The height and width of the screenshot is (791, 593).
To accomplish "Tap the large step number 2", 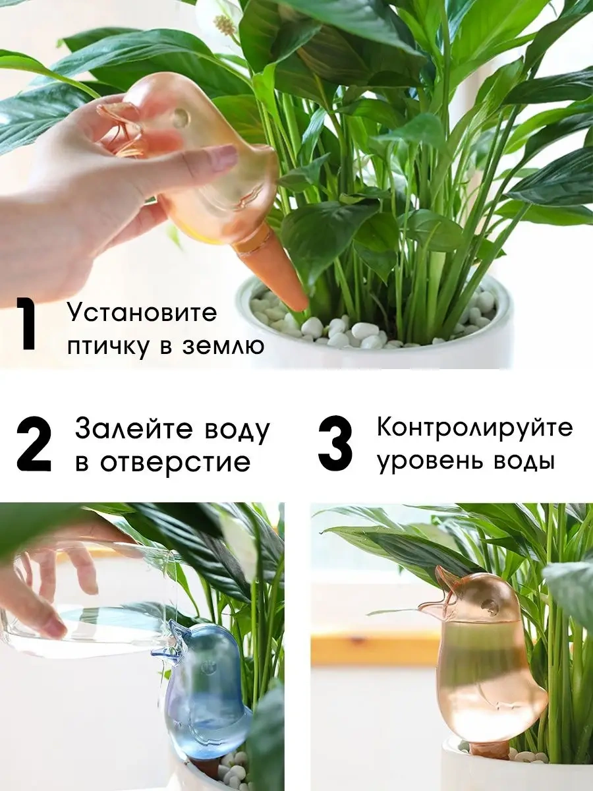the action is tap(34, 444).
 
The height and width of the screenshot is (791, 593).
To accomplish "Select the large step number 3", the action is tap(335, 444).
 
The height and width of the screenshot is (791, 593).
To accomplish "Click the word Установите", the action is tap(142, 312).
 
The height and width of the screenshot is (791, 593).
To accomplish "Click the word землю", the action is tap(224, 347).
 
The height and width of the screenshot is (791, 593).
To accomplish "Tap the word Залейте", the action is tap(137, 428).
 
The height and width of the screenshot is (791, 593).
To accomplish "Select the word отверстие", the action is tap(175, 463).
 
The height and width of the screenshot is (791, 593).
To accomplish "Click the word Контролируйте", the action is tap(475, 428).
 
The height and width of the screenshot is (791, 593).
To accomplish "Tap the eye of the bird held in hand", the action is tap(181, 118).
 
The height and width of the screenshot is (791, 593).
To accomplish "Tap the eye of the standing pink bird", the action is tap(490, 604).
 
